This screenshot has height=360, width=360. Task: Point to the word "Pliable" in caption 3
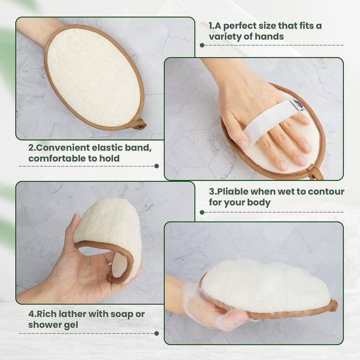point(232,191)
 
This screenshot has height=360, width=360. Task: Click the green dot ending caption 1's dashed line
point(202,45)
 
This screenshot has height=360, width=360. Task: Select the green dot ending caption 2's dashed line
point(157,166)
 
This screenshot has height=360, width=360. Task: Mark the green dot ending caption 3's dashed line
point(202,212)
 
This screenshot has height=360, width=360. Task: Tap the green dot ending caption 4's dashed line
point(157,333)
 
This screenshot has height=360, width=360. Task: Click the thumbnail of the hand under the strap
point(242,144)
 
